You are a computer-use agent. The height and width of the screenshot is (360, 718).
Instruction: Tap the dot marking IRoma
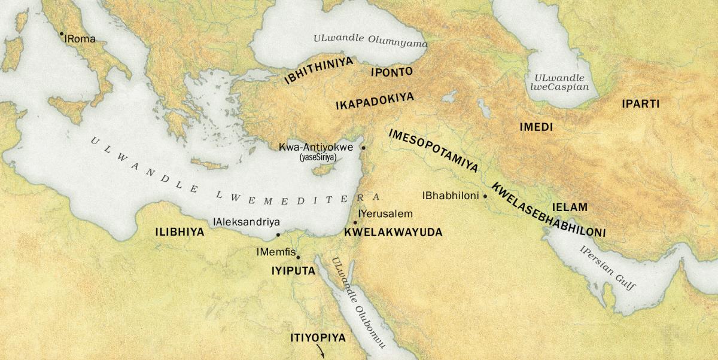[x=62, y=33]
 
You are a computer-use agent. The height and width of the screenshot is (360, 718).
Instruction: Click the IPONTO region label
[x=392, y=72]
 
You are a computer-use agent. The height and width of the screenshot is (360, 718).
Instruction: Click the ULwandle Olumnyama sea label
[x=371, y=41]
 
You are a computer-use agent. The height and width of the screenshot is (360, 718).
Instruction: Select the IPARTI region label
[x=640, y=104]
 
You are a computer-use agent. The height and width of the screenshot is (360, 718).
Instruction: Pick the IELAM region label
[x=570, y=207]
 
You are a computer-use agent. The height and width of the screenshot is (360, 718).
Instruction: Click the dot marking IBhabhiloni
[x=485, y=196]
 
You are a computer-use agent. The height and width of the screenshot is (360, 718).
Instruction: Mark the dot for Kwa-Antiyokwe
[x=363, y=147]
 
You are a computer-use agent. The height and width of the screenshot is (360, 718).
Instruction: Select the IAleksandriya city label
[x=247, y=221]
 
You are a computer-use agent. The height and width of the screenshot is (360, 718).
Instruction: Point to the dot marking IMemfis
[x=298, y=257]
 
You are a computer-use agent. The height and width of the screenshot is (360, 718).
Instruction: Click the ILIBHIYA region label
[x=180, y=232]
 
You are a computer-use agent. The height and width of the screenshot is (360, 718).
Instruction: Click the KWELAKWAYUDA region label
[x=393, y=232]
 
